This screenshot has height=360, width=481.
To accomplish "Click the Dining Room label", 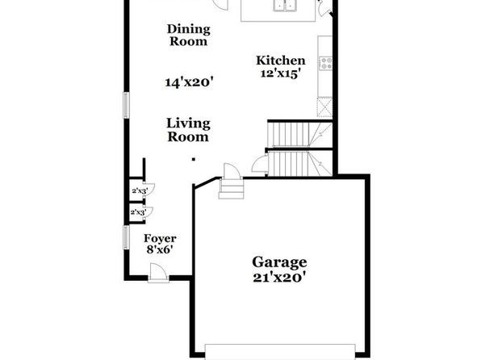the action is pyautogui.click(x=188, y=35).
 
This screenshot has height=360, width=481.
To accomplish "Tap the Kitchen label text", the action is pyautogui.click(x=281, y=61).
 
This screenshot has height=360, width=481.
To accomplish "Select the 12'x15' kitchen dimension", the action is pyautogui.click(x=279, y=73).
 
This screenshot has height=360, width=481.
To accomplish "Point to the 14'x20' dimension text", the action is pyautogui.click(x=189, y=82).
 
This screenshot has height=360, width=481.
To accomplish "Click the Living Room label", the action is pyautogui.click(x=188, y=130).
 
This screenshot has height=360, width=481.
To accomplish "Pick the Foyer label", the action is pyautogui.click(x=160, y=238).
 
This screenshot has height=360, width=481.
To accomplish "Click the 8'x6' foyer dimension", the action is pyautogui.click(x=159, y=249).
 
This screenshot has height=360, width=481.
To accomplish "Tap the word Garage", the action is pyautogui.click(x=279, y=262).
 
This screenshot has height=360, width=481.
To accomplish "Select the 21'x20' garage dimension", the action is pyautogui.click(x=279, y=278).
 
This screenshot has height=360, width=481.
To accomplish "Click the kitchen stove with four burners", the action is pyautogui.click(x=325, y=63).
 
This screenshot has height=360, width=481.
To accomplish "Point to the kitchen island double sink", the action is pyautogui.click(x=285, y=5).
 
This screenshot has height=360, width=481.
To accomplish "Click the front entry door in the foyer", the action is pyautogui.click(x=158, y=273).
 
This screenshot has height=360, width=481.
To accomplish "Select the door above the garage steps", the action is pyautogui.click(x=232, y=171).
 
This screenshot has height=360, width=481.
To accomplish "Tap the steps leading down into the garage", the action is pyautogui.click(x=232, y=189).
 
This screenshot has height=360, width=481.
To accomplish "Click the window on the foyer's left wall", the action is pyautogui.click(x=126, y=237).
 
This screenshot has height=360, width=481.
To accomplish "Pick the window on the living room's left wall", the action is pyautogui.click(x=126, y=105).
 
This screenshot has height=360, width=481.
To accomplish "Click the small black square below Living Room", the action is pyautogui.click(x=194, y=159).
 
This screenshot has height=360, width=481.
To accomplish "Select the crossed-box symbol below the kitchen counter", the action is pyautogui.click(x=324, y=107).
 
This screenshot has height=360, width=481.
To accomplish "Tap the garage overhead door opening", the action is pyautogui.click(x=280, y=352).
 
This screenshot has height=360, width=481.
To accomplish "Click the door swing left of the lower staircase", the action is pyautogui.click(x=260, y=164).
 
